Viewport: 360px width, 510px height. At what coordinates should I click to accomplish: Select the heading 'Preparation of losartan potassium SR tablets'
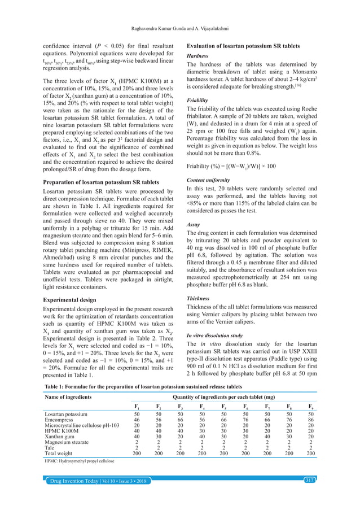pyautogui.click(x=108, y=182)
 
